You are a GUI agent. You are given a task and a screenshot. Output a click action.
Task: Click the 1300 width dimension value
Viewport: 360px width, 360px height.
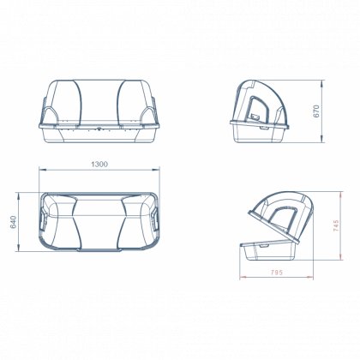click(99, 165)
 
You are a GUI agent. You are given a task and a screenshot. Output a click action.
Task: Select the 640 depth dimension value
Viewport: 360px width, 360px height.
click(14, 222)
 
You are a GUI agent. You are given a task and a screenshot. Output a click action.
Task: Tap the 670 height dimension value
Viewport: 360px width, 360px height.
click(316, 111)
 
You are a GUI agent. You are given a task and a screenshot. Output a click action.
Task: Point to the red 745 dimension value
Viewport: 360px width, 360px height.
click(336, 225)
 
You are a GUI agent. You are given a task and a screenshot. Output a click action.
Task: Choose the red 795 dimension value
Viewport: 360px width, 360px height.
click(276, 273)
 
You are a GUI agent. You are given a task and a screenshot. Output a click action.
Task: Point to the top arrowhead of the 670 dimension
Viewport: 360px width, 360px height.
click(322, 83)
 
